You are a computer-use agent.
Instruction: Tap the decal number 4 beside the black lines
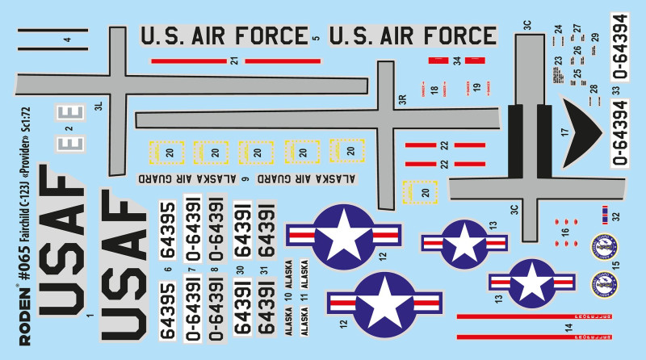68,39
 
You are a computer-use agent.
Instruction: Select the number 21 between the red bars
234,61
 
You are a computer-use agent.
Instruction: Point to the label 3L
99,106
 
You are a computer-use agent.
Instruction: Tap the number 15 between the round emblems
615,264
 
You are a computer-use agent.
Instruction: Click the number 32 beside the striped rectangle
615,216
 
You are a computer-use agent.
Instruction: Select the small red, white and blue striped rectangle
602,214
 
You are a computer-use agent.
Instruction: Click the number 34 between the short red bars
456,61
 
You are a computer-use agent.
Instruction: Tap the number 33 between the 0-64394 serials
615,90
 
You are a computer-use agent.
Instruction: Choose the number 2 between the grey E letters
69,128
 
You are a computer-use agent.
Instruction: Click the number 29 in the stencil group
595,37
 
